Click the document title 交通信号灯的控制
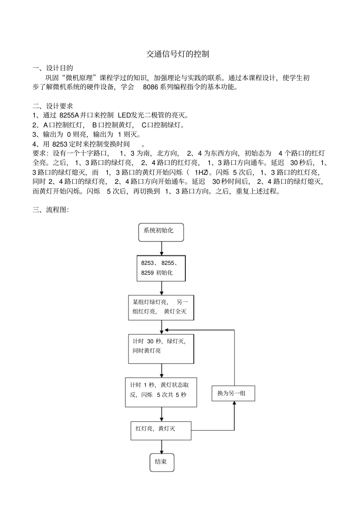coord(178,54)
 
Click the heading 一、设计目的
coord(53,68)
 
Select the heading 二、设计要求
coord(53,106)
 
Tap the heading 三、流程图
coord(50,210)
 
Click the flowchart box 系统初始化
coord(161,232)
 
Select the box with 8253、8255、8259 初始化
coord(161,268)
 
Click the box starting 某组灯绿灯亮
coord(161,307)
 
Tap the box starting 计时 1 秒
coord(161,392)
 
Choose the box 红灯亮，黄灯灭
coord(161,430)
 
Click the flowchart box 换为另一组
coord(233,393)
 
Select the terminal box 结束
coord(162,462)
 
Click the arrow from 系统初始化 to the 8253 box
coord(162,249)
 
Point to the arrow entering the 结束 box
coord(162,447)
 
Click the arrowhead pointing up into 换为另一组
coord(234,403)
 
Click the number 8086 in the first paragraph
coord(150,87)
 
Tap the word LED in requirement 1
coord(124,115)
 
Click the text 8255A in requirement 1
coord(69,115)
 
